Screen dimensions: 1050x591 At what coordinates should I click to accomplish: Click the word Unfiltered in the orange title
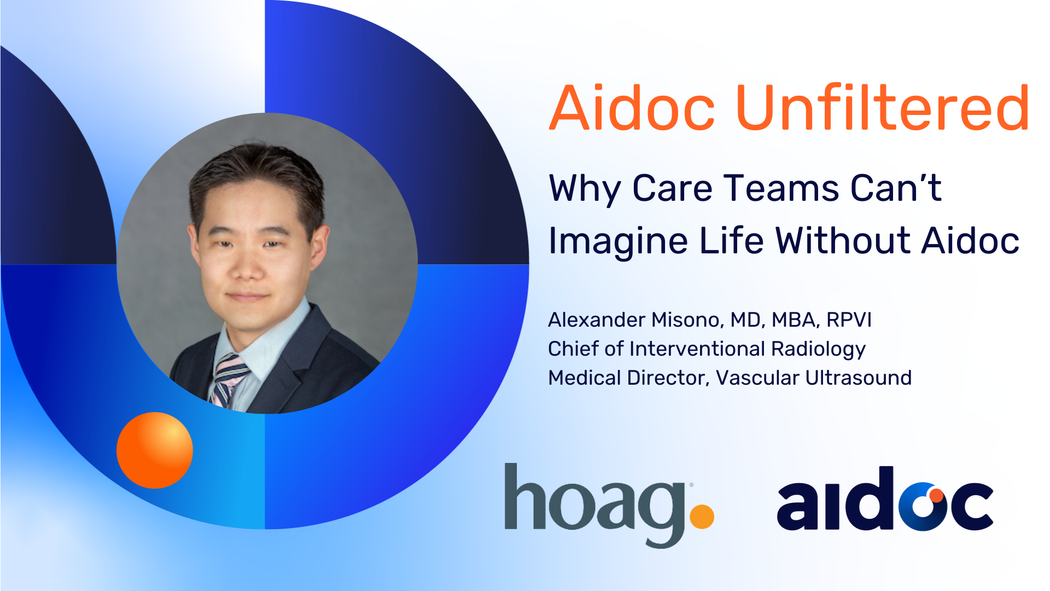[883, 108]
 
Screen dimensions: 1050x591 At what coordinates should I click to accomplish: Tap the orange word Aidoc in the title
[632, 108]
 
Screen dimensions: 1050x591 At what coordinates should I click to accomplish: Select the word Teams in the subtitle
[782, 188]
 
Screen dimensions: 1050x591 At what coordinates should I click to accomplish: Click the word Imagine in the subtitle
[618, 241]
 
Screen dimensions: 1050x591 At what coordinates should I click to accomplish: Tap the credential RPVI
[849, 320]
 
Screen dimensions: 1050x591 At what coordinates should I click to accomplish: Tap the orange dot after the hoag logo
[702, 517]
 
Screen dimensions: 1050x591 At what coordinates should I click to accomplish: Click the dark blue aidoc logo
[885, 499]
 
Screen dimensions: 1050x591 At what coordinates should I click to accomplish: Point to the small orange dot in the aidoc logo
[937, 495]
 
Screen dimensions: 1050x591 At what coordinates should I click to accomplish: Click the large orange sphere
[155, 450]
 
